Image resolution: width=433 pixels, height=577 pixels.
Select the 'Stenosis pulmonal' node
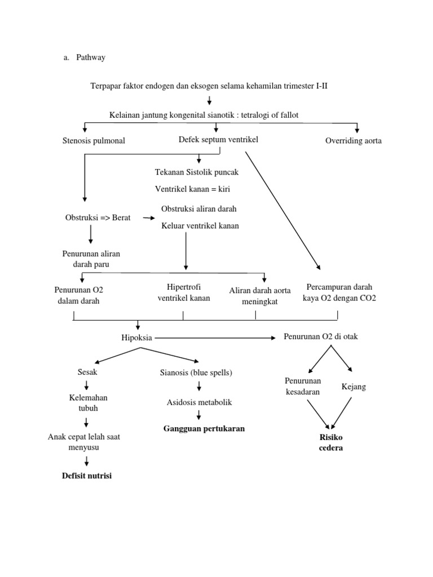[x=94, y=141]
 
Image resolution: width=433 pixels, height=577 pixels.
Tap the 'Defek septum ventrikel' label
[x=218, y=140]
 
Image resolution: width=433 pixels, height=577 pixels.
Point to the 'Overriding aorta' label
[x=353, y=141]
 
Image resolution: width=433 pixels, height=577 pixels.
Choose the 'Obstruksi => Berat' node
[x=98, y=218]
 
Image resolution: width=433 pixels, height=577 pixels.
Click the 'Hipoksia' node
[x=137, y=338]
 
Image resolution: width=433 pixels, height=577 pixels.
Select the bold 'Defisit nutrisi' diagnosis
[x=87, y=476]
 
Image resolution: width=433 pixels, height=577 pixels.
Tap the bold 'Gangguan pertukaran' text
[x=204, y=429]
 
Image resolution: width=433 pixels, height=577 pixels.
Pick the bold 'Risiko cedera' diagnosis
[x=331, y=443]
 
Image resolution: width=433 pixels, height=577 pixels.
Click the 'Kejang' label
[x=354, y=387]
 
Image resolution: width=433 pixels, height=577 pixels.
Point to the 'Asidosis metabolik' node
[x=199, y=402]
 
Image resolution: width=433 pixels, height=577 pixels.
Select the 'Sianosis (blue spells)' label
[x=196, y=372]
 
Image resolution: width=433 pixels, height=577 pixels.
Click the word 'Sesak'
[x=87, y=372]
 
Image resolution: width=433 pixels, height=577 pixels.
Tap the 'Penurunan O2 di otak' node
[x=320, y=337]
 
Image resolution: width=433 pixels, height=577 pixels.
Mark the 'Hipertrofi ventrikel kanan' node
[x=184, y=292]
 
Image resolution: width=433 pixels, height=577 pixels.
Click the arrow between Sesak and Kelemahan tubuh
[x=87, y=385]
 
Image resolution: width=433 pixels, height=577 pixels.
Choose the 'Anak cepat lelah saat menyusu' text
[x=84, y=442]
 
